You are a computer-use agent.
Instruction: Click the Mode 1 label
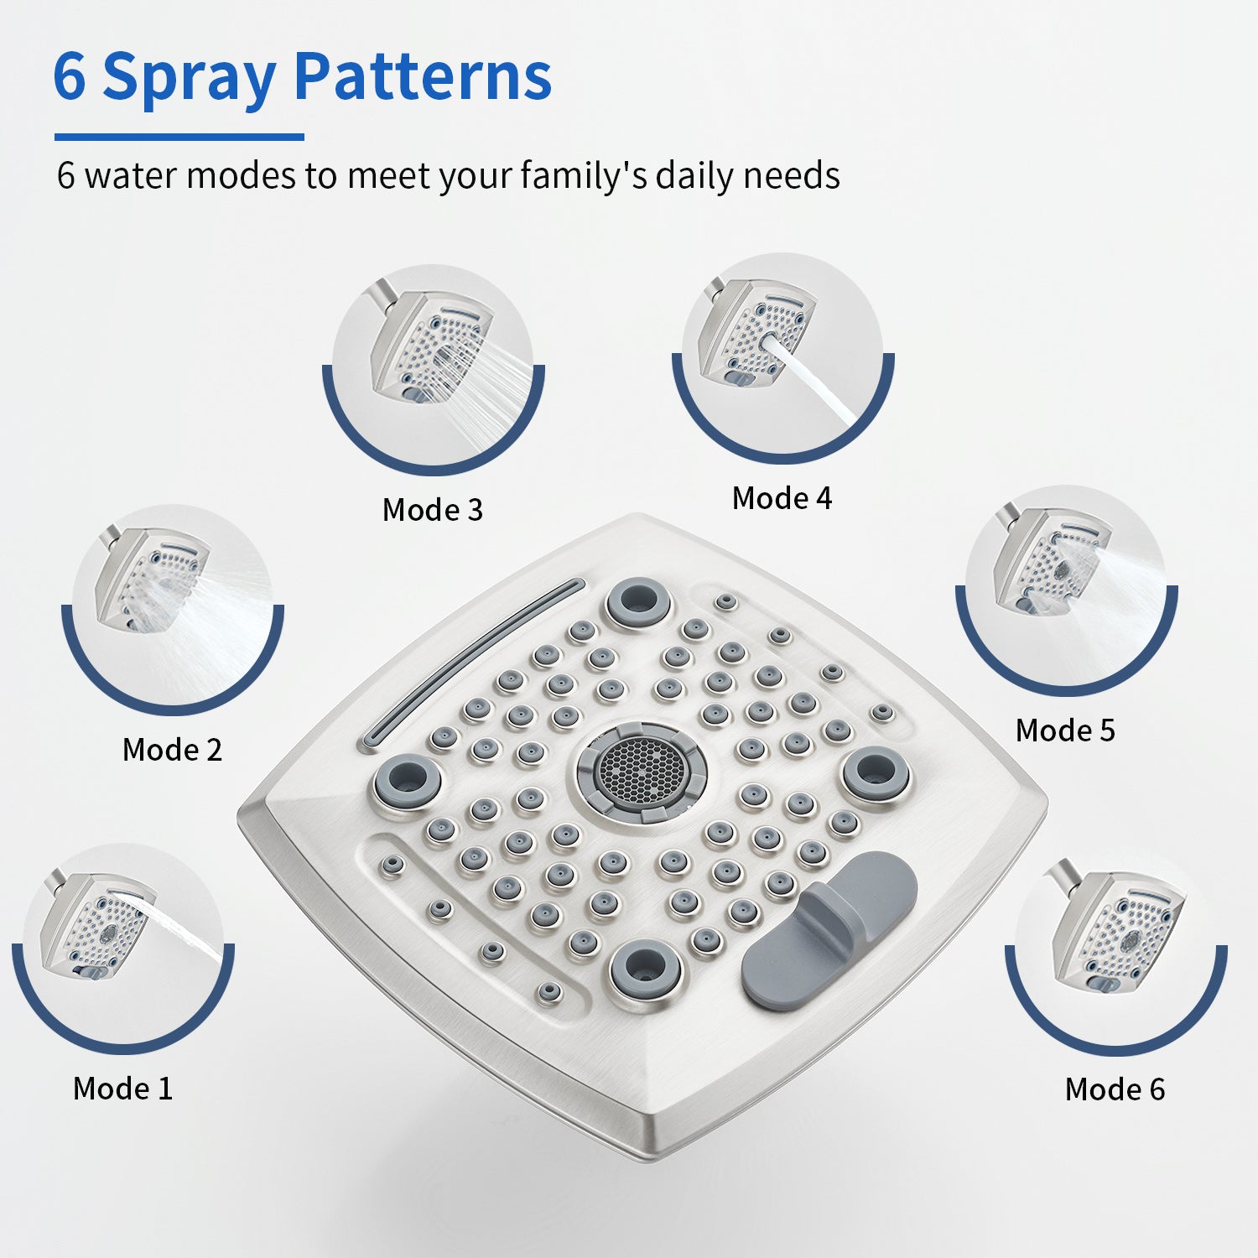click(122, 1089)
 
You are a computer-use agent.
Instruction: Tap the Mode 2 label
click(172, 750)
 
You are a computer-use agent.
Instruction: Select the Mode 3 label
click(433, 510)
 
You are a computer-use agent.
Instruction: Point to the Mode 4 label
click(782, 498)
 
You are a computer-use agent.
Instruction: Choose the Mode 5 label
click(1065, 730)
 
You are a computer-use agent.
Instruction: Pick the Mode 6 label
click(1115, 1089)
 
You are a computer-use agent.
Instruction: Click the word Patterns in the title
click(423, 76)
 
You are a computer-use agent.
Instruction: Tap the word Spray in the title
click(189, 80)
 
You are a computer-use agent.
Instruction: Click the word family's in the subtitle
click(584, 176)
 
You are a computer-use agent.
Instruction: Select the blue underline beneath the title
click(179, 137)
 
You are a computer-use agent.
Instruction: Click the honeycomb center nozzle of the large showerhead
click(640, 769)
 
